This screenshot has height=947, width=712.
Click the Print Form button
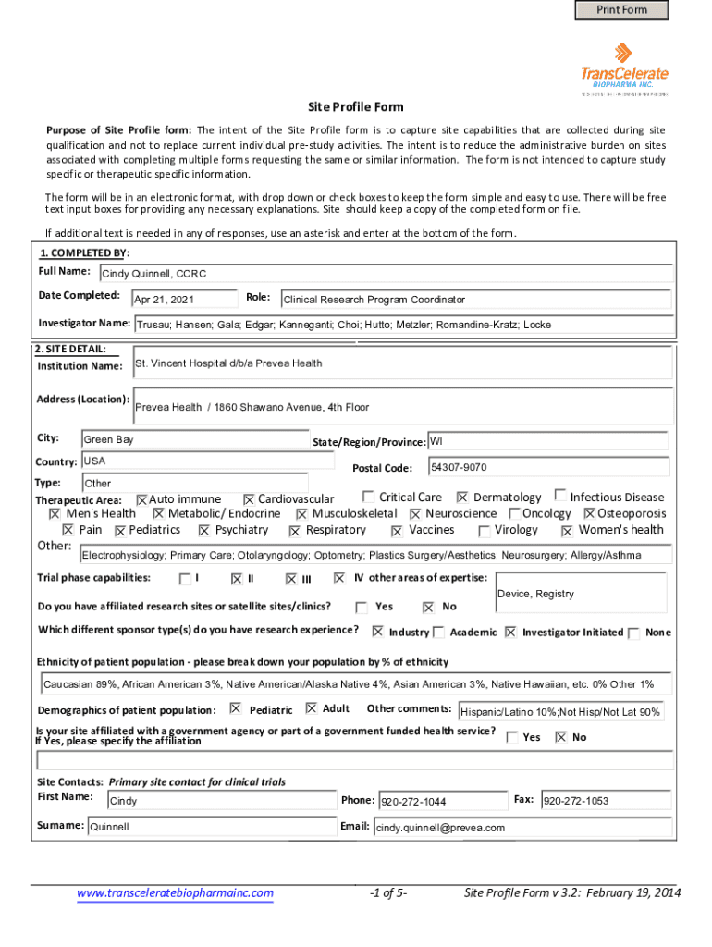point(621,10)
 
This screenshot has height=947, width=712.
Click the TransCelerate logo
point(624,67)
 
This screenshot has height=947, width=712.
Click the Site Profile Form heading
point(355,107)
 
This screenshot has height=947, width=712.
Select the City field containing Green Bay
point(194,440)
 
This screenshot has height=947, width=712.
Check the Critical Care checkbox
point(369,497)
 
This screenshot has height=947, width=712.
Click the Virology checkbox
point(485,531)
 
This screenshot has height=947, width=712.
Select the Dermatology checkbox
point(462,498)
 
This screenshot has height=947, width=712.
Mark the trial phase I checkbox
point(184,579)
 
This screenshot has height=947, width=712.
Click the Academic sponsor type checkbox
point(439,633)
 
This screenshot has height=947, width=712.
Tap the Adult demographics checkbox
point(311,708)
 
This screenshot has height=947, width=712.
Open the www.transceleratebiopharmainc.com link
point(176,893)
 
